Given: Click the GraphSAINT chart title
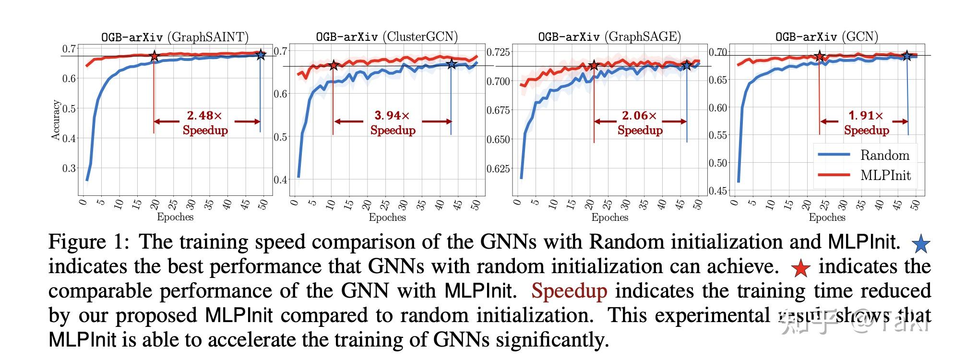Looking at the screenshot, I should (175, 37).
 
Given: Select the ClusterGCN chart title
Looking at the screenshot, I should (387, 37).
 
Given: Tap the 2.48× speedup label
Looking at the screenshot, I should (205, 122).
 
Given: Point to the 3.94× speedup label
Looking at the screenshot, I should (393, 122).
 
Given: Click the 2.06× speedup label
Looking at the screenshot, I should (640, 122).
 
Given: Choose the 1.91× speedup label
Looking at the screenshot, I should (866, 122).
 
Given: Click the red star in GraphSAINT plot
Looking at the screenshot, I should (154, 56).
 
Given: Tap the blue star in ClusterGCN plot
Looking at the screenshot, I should (451, 63).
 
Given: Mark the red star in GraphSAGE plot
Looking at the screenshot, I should (594, 65).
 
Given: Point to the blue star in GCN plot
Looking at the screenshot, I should (906, 56).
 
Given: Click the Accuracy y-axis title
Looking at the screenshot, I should (56, 120).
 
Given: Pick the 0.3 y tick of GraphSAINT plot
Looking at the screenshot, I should (69, 168).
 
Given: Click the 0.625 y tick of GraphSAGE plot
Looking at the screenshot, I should (498, 169).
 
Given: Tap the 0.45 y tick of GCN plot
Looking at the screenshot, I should (718, 191).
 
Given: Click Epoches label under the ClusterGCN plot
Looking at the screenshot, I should (387, 217).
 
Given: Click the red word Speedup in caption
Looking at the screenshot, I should (569, 291).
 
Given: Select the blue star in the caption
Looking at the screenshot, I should (921, 244).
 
